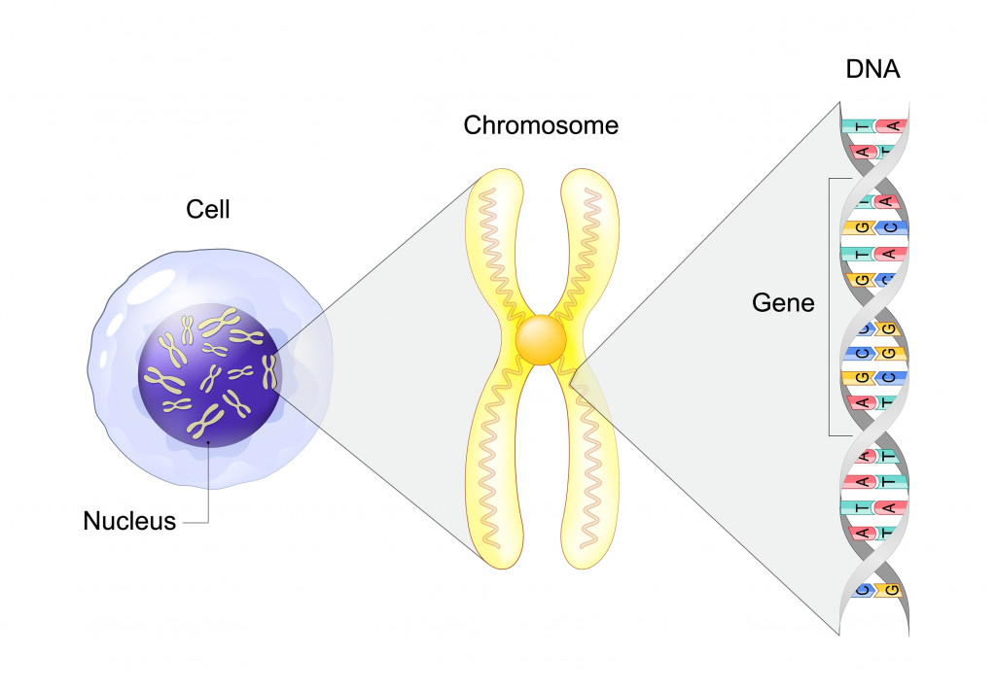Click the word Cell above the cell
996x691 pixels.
(x=207, y=209)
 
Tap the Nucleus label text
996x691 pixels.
(x=129, y=521)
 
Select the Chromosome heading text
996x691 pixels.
(x=540, y=125)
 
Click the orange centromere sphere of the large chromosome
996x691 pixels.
(x=541, y=340)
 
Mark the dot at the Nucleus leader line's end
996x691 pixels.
(x=211, y=449)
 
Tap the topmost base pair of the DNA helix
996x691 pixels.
(x=874, y=126)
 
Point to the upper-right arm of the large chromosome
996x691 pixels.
(x=589, y=243)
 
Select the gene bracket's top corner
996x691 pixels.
(x=830, y=179)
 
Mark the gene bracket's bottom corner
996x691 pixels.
(x=830, y=434)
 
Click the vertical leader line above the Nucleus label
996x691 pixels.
(x=211, y=486)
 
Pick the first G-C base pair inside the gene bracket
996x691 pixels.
(x=874, y=227)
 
